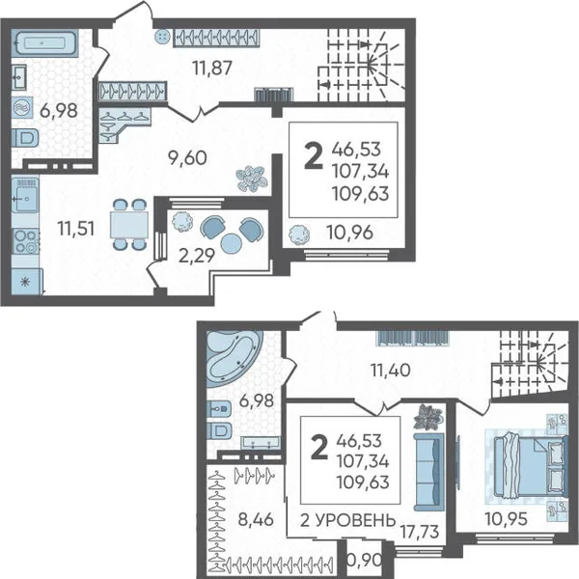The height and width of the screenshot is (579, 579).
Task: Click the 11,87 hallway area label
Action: [212, 68]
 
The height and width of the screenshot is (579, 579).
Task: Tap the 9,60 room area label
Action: [187, 158]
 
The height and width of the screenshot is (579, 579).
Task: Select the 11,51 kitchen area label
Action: [76, 229]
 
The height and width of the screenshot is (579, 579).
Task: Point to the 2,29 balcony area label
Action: [197, 256]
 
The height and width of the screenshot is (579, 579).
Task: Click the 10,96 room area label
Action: [349, 233]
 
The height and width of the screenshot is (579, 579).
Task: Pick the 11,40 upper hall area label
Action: [391, 370]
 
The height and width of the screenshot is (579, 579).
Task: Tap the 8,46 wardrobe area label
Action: [256, 519]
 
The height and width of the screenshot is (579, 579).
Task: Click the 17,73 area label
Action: [420, 532]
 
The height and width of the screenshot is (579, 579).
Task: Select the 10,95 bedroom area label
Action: [506, 519]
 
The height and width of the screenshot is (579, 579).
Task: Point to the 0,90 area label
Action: [365, 560]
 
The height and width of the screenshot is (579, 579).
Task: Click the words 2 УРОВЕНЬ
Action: [347, 520]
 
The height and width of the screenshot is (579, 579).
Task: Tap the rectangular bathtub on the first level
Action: [45, 43]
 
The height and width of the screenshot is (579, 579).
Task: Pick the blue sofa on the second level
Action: [428, 472]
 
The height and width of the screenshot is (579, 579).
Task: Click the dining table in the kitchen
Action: [129, 225]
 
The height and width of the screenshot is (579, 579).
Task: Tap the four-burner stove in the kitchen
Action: [25, 241]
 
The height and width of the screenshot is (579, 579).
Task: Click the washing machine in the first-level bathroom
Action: [22, 108]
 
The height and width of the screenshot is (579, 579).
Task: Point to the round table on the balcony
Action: [232, 243]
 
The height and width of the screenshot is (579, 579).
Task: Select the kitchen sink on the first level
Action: [25, 199]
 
